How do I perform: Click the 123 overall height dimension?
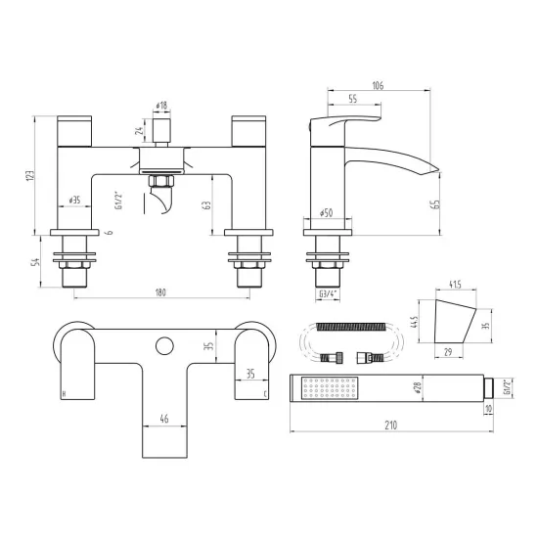[x=31, y=176]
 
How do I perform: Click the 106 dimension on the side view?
[x=380, y=84]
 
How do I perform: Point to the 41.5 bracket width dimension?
[x=454, y=286]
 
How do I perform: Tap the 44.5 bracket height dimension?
[x=418, y=322]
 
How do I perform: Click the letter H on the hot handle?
[x=65, y=394]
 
